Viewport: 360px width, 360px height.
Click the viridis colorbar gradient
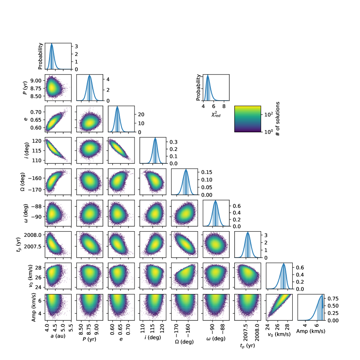click(x=248, y=119)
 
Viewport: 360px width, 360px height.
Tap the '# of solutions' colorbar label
click(x=278, y=119)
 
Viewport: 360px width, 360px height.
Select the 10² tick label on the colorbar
click(x=268, y=114)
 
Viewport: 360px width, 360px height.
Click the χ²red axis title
click(x=216, y=114)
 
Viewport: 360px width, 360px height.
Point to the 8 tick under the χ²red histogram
click(x=224, y=106)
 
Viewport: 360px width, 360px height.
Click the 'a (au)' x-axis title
click(x=58, y=336)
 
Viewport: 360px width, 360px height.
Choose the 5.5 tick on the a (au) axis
click(x=71, y=327)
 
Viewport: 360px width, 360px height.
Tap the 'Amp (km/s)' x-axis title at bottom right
click(x=311, y=331)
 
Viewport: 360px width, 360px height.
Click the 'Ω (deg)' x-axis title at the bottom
click(x=184, y=342)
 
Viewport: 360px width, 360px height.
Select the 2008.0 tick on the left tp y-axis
click(x=33, y=235)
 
